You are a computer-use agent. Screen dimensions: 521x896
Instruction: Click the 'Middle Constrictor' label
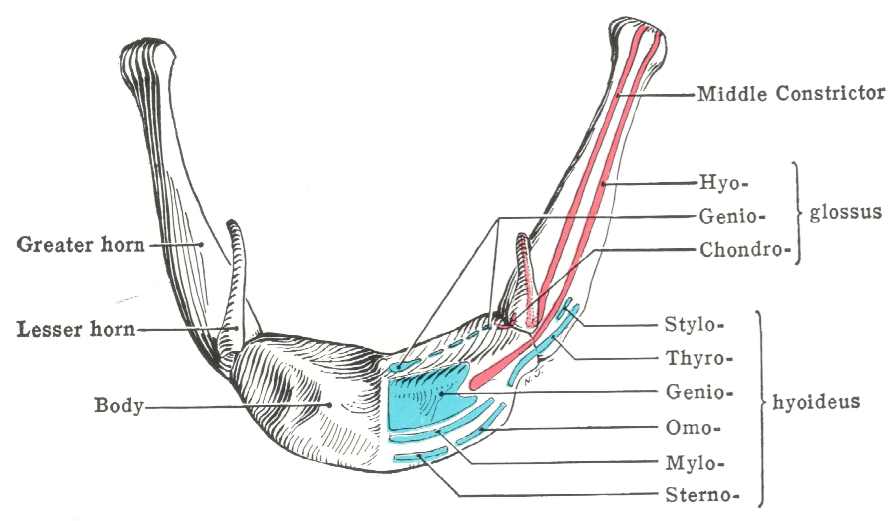pos(790,94)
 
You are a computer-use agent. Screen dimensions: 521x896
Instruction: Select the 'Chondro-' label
pos(744,250)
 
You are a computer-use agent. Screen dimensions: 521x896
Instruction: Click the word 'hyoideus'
pos(816,402)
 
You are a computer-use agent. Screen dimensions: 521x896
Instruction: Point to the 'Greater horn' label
pos(81,245)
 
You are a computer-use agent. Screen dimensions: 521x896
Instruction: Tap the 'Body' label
pos(119,405)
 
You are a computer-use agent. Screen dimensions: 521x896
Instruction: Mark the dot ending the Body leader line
pos(330,405)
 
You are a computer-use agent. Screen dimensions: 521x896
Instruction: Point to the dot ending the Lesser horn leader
pos(236,329)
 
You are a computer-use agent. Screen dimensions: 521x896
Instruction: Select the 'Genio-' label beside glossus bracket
pos(732,216)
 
